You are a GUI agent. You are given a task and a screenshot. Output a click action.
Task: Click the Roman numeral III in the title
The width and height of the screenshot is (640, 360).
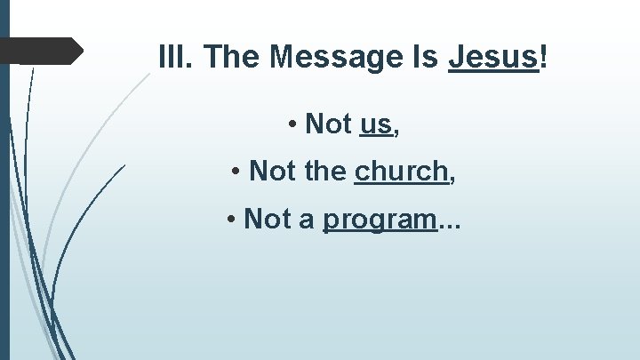(176, 58)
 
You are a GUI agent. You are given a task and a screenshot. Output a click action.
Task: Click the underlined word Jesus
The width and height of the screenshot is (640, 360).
(492, 58)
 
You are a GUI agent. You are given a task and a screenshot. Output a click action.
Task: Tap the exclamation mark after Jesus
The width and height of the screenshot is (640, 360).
(543, 58)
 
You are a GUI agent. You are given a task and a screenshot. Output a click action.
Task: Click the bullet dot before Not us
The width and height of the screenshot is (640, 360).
(292, 125)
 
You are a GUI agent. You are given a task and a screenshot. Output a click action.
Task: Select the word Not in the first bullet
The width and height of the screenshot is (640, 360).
(328, 124)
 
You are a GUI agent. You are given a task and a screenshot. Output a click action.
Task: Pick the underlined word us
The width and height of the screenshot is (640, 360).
(375, 125)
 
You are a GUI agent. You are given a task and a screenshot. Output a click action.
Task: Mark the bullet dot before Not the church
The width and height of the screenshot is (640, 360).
(236, 171)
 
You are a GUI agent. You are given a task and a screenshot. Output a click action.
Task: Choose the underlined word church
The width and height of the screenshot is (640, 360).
(401, 170)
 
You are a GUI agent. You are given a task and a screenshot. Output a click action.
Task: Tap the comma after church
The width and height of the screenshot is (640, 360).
(452, 177)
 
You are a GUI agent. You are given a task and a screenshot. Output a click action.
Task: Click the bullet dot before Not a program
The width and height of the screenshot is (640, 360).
(230, 219)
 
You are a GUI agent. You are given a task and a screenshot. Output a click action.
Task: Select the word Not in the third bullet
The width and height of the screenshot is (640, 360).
(267, 218)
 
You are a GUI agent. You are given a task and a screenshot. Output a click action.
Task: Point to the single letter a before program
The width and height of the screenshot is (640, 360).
(307, 219)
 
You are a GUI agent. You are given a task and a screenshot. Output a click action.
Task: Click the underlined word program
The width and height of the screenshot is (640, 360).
(380, 220)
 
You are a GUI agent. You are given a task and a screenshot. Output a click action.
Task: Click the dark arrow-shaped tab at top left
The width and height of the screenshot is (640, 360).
(50, 52)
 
